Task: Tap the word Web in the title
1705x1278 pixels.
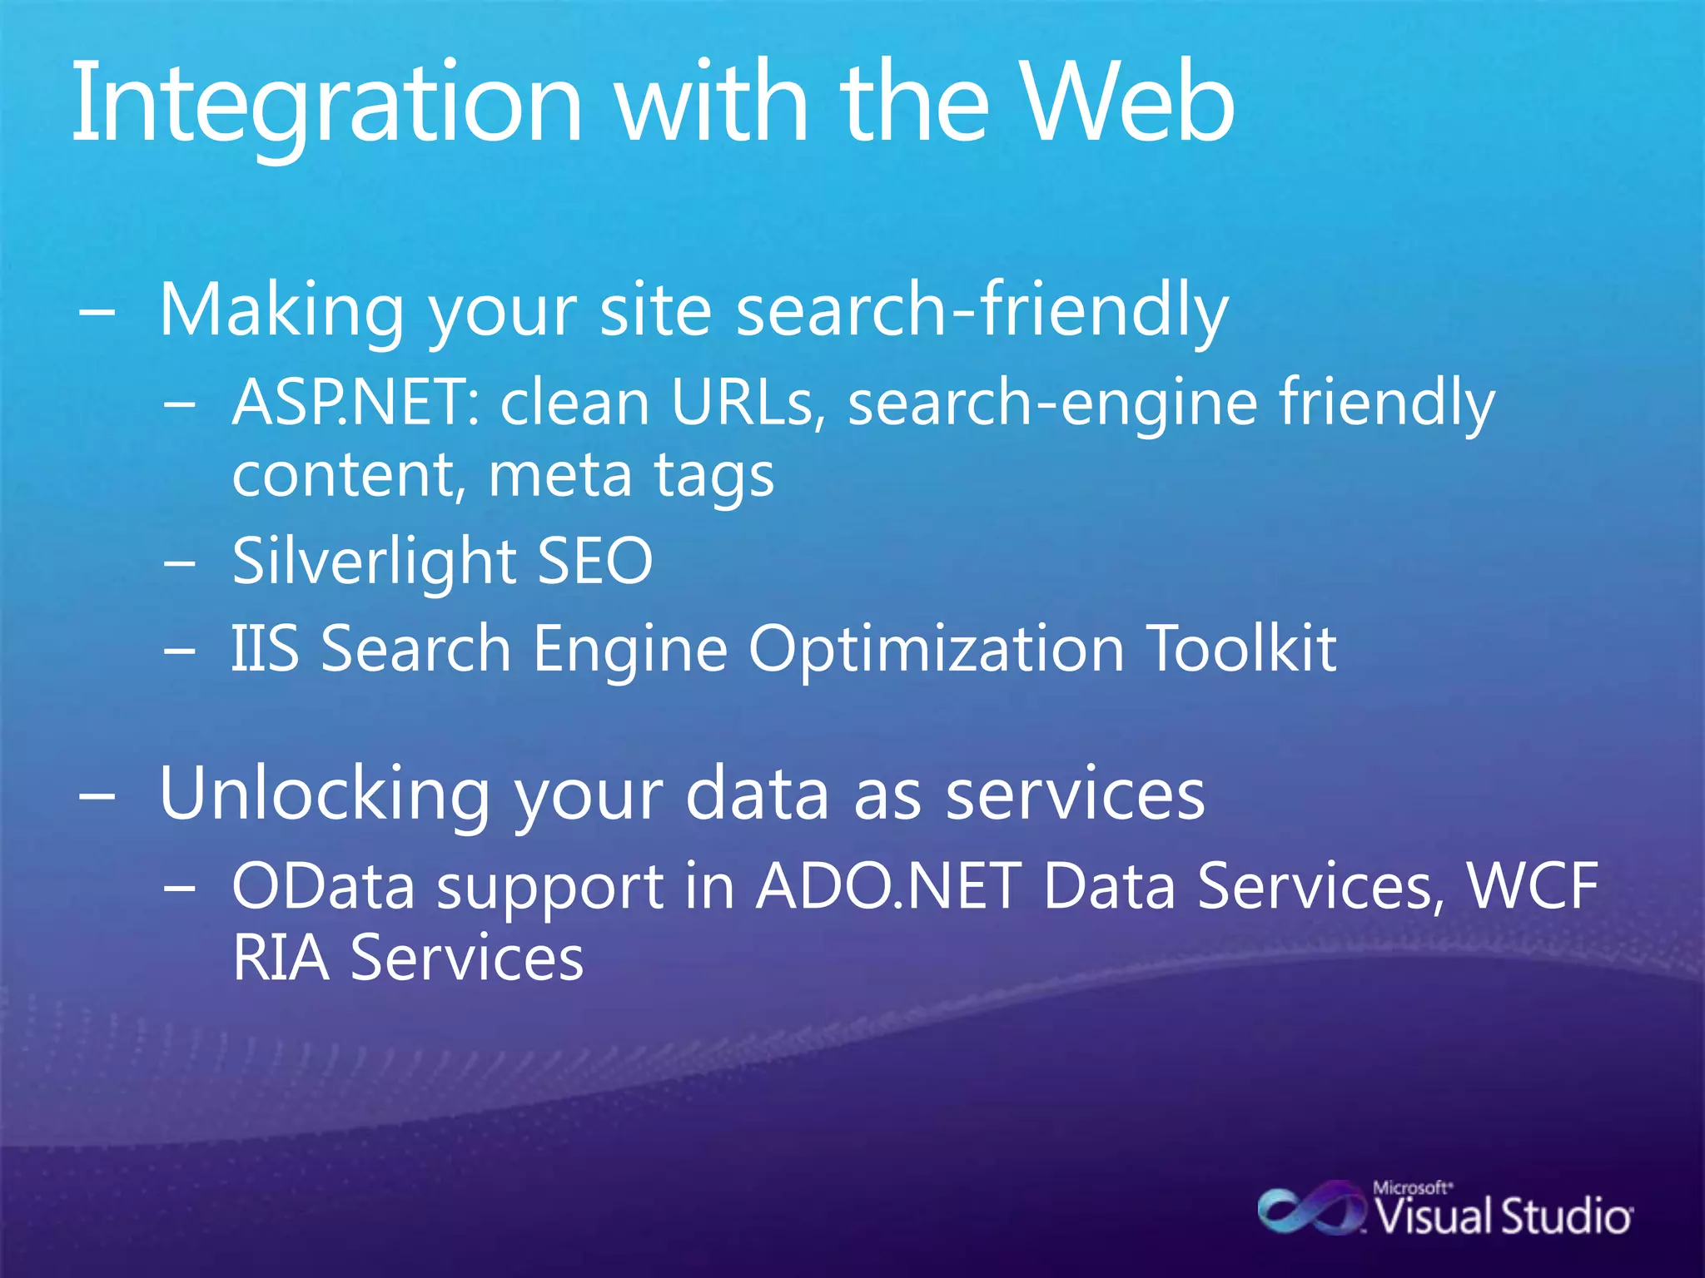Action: coord(1128,104)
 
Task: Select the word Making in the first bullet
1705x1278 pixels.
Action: coord(281,310)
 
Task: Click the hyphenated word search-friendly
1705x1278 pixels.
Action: coord(982,310)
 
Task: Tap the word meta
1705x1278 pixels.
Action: coord(559,476)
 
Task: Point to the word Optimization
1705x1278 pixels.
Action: coord(936,648)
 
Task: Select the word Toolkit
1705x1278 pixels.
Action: coord(1241,648)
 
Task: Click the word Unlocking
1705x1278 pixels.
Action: coord(325,795)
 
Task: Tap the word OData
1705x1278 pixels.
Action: coord(323,886)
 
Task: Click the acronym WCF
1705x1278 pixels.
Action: coord(1532,886)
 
